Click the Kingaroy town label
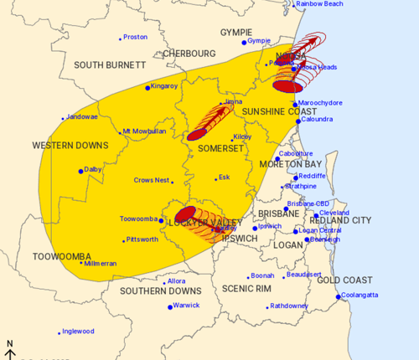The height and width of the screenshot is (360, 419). pos(164,85)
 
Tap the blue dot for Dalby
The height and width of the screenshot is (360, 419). pos(81,171)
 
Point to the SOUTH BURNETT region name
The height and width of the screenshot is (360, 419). pos(106,64)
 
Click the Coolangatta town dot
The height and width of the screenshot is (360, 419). pos(338,296)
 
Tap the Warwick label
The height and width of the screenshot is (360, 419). pos(186,306)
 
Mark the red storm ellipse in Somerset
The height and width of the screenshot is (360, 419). pos(198,133)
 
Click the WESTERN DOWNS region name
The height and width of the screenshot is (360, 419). pos(70,146)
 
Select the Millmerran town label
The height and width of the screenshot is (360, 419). pos(102,263)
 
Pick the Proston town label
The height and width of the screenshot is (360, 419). pos(136,38)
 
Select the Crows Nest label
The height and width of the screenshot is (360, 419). pos(153,180)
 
